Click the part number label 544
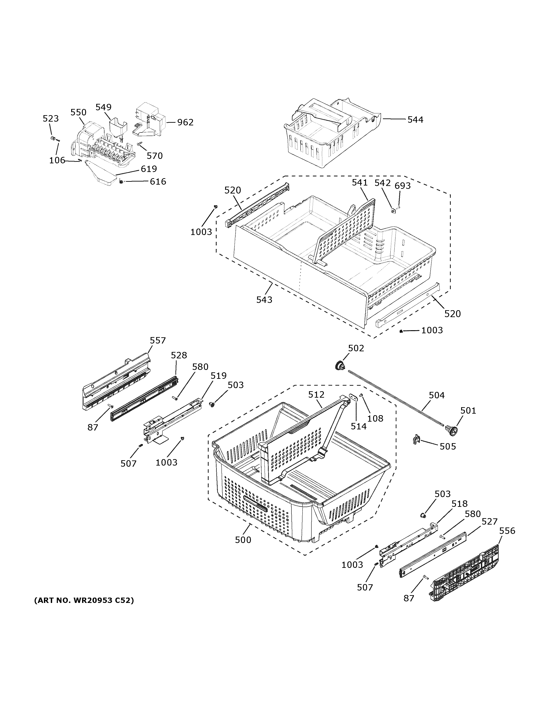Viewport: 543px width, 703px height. [415, 120]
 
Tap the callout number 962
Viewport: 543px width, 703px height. [185, 122]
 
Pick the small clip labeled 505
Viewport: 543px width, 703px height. [416, 439]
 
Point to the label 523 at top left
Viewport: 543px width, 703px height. [51, 118]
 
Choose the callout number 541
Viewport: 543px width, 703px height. [360, 182]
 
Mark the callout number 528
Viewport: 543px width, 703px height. [179, 355]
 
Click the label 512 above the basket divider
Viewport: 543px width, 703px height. [316, 395]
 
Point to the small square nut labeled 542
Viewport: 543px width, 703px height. [393, 211]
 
